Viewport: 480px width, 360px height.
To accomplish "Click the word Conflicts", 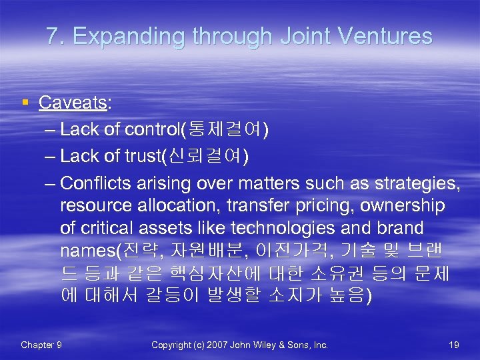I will pyautogui.click(x=96, y=183).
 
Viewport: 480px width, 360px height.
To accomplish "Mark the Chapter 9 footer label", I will pyautogui.click(x=41, y=345).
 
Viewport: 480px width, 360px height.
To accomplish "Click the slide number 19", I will pyautogui.click(x=454, y=345).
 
